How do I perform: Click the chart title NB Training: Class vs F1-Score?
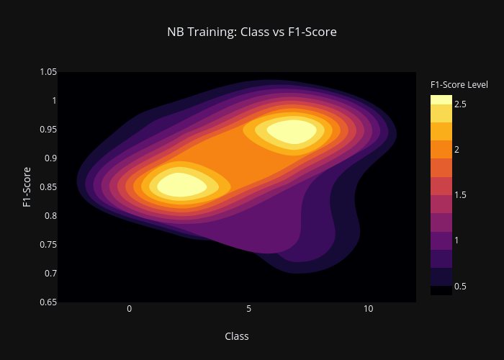(252, 32)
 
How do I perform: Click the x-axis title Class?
(237, 336)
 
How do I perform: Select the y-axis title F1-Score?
(27, 187)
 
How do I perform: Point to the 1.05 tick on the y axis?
(48, 72)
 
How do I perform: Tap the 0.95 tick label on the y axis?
(48, 129)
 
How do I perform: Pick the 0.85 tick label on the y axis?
(48, 186)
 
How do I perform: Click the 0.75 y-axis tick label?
(48, 245)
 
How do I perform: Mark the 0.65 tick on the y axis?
(48, 302)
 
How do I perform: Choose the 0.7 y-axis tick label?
(51, 274)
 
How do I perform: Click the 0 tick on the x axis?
(129, 309)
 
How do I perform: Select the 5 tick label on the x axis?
(249, 309)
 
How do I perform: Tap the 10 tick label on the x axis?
(369, 309)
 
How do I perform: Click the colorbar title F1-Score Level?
(459, 85)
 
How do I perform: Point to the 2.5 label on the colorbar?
(460, 104)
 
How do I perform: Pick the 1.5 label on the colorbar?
(460, 195)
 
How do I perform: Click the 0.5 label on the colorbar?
(460, 287)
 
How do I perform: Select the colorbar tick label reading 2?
(456, 150)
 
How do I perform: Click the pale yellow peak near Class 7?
(292, 132)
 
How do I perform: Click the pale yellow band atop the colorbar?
(441, 99)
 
